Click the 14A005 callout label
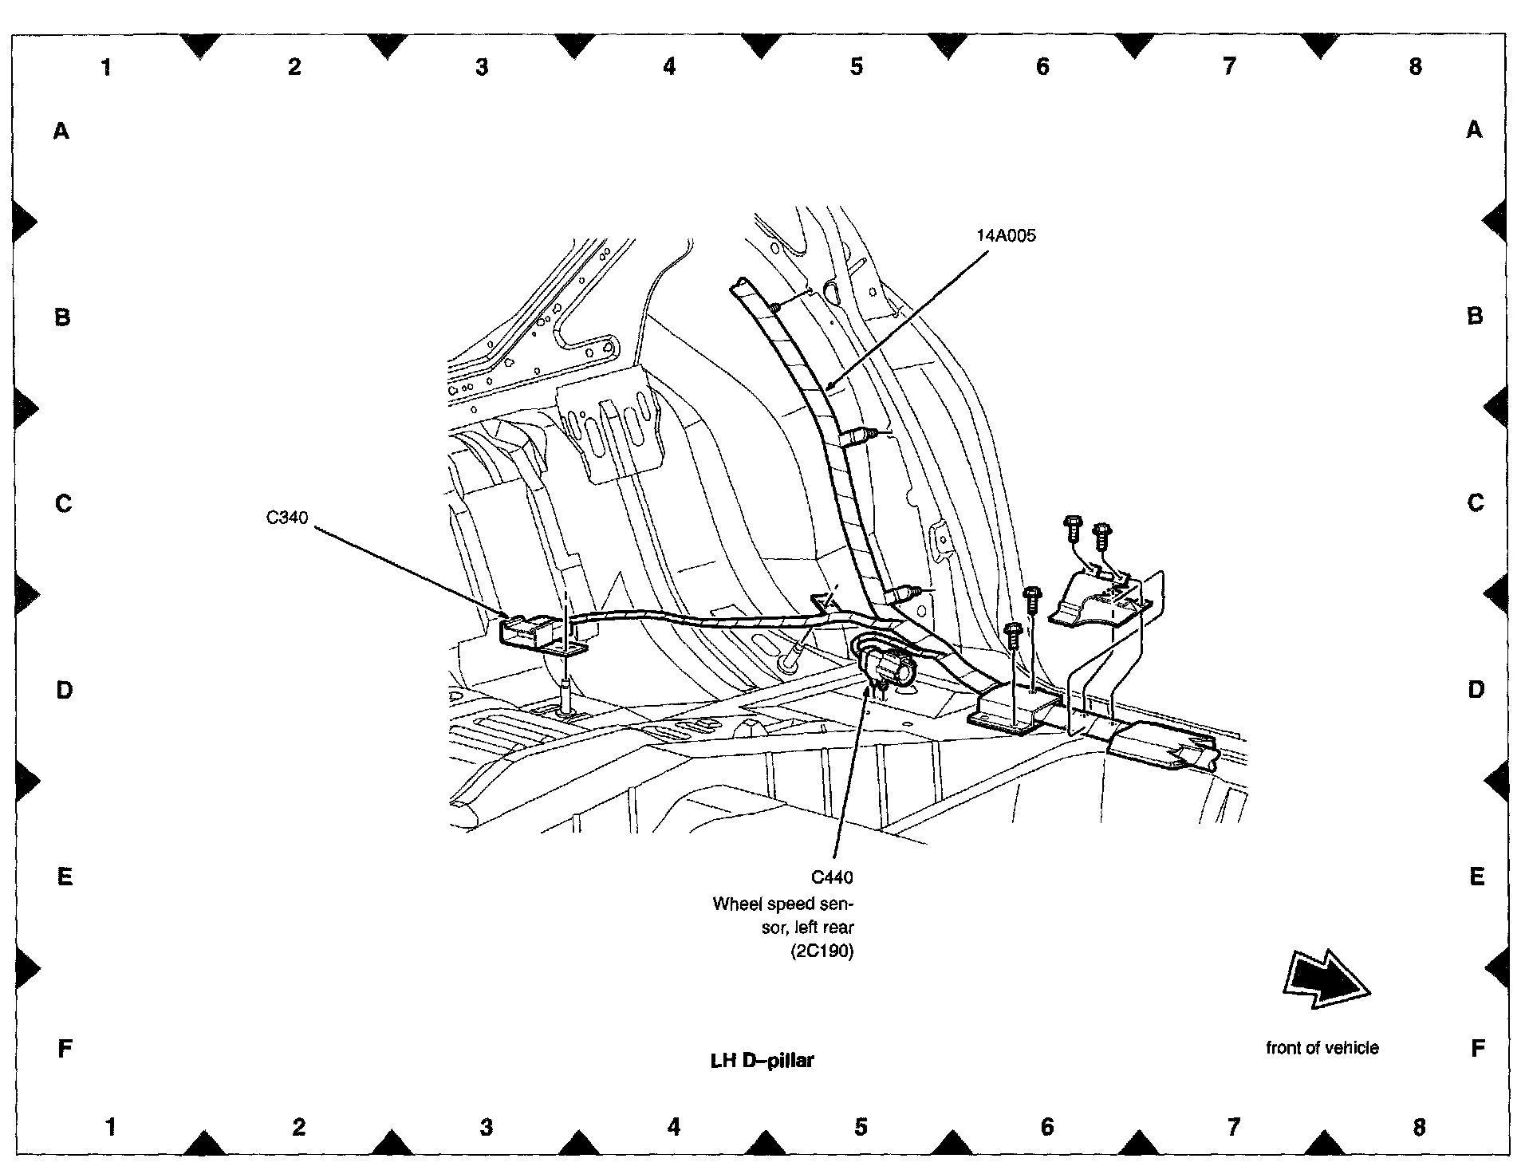pos(1006,236)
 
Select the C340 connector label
pos(286,518)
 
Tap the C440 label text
pos(832,878)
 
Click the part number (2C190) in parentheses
pos(822,951)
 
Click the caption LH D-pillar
pos(762,1061)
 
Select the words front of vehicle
pos(1322,1048)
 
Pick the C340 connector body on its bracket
pos(530,631)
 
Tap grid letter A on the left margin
pos(61,131)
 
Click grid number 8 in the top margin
pos(1415,67)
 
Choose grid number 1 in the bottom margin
pos(111,1127)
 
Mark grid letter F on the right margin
pos(1476,1048)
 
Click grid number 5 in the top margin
pos(856,67)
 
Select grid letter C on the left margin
pos(63,504)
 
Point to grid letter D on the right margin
pos(1476,690)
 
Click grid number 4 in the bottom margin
pos(674,1127)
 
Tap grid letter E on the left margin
pos(64,877)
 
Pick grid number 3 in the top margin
pos(481,67)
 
